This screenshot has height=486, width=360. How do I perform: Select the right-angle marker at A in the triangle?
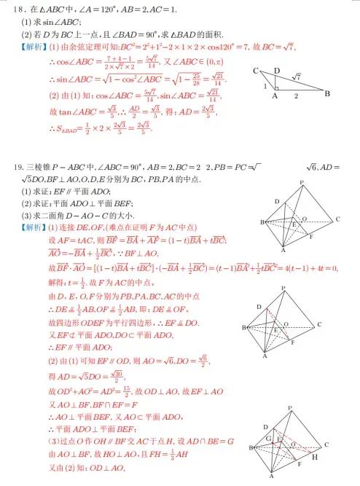click(276, 89)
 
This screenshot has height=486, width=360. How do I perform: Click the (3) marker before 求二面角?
click(26, 214)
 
